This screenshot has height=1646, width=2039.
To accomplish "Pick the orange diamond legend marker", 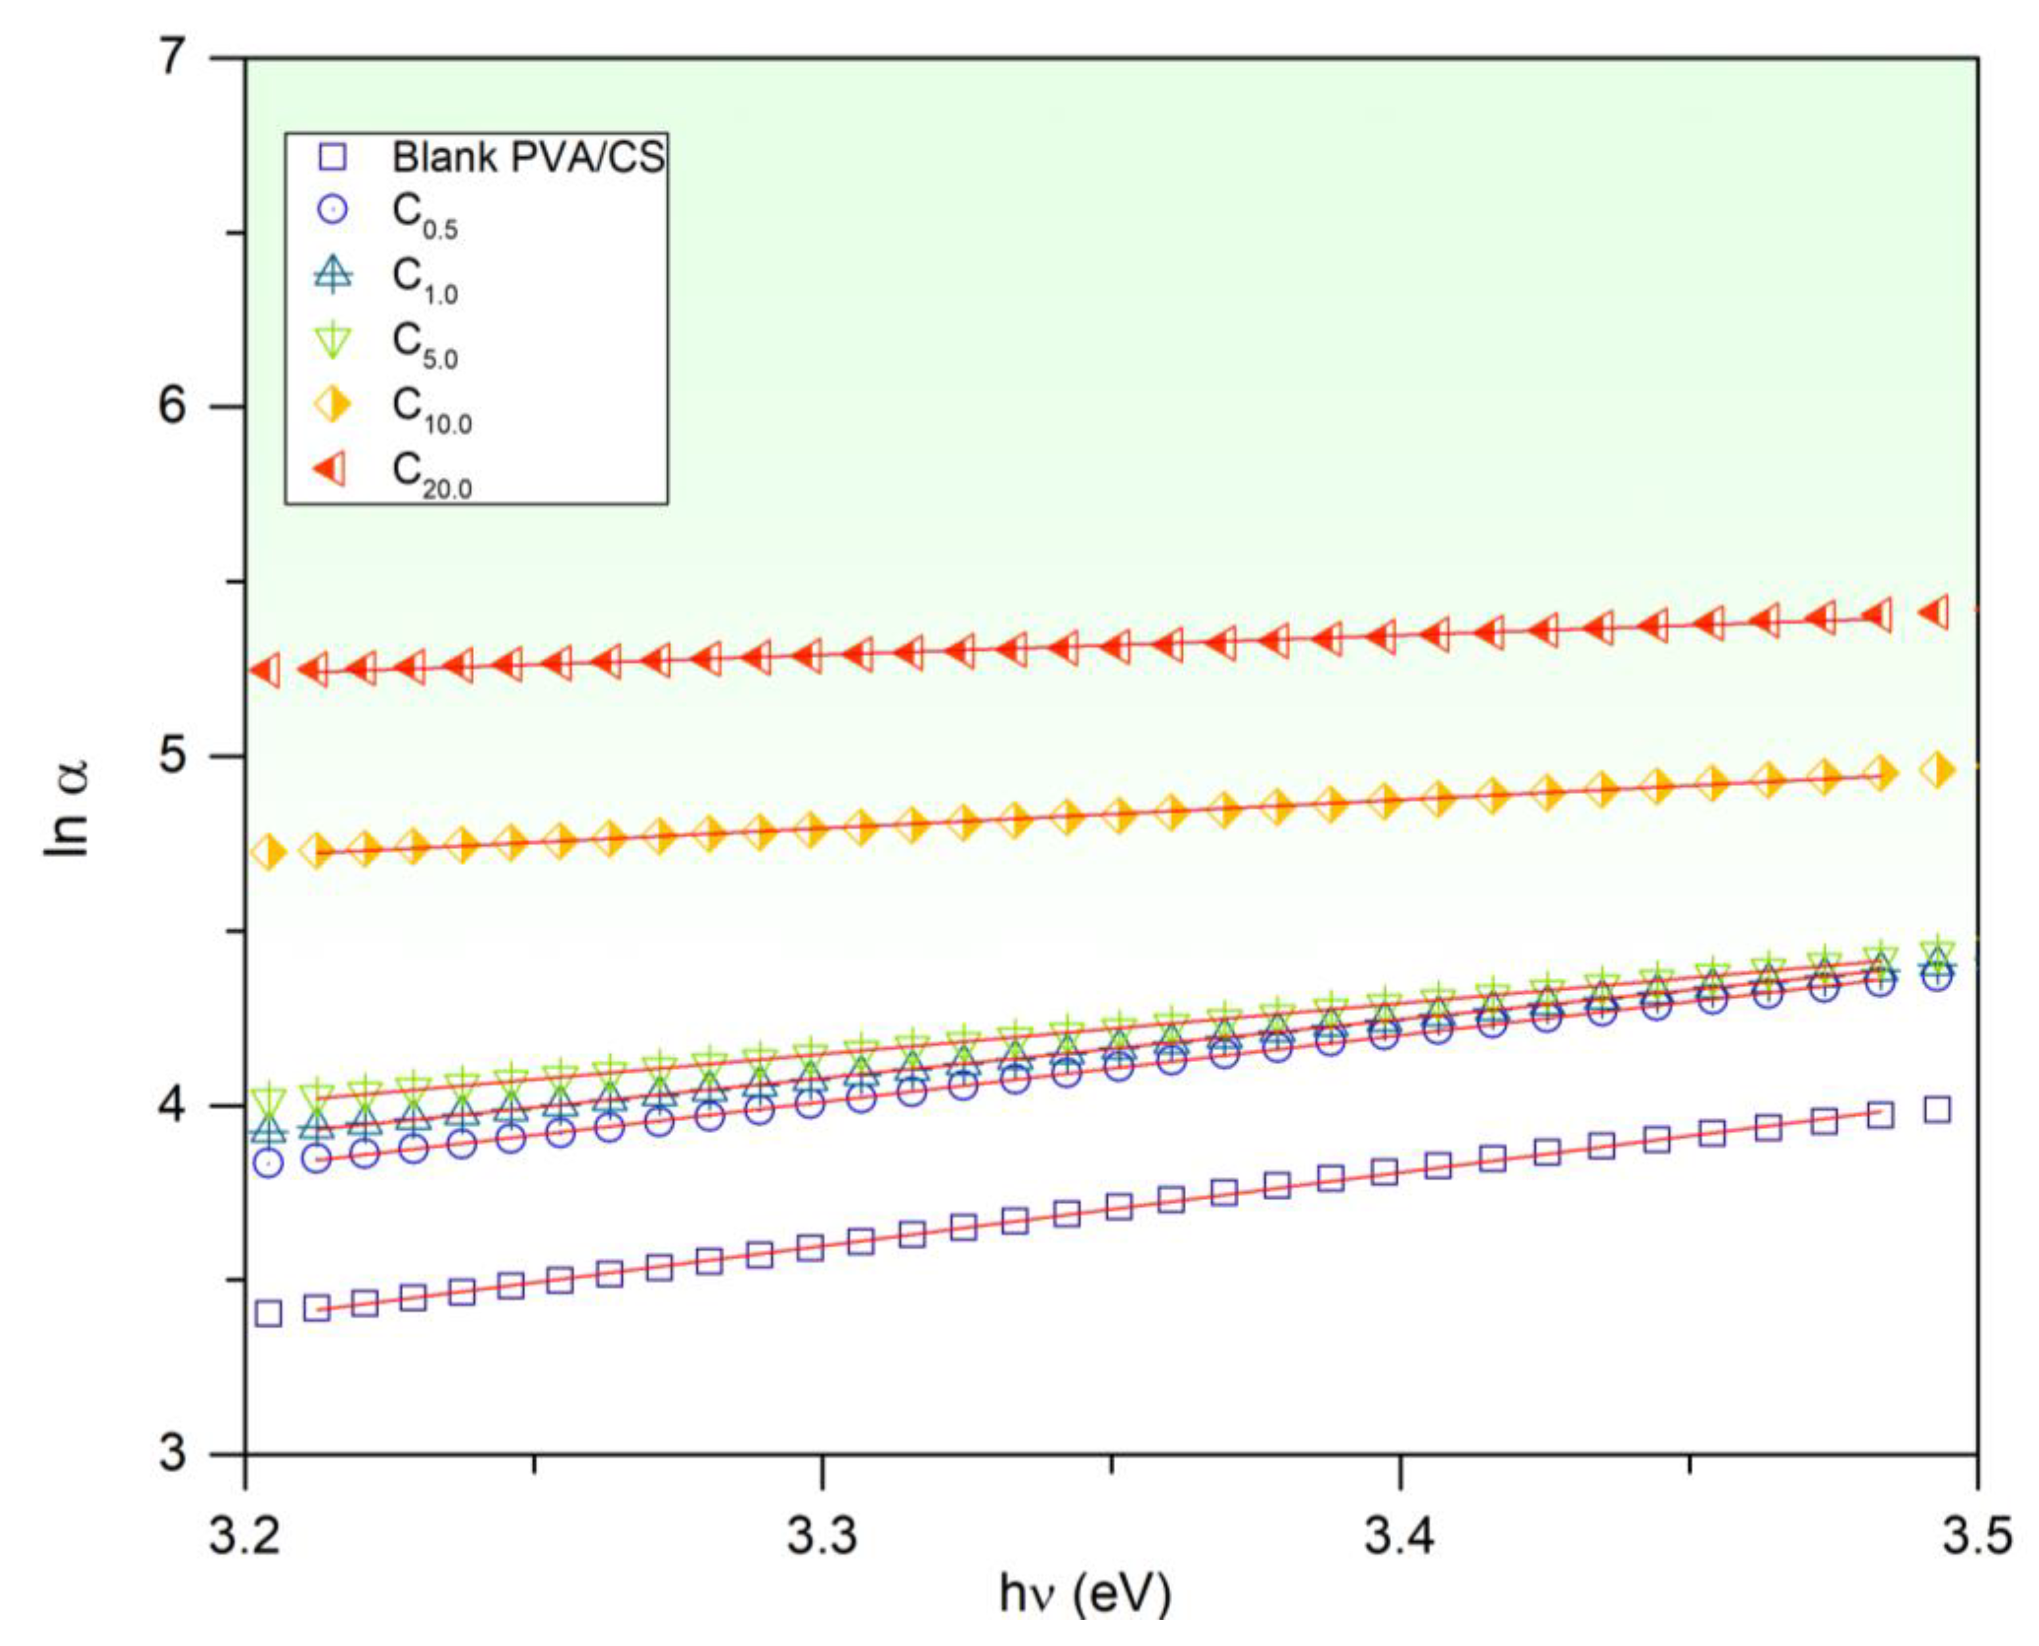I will point(334,405).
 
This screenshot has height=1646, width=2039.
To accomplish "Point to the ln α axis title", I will point(68,808).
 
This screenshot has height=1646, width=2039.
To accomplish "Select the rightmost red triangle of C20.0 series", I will point(1937,613).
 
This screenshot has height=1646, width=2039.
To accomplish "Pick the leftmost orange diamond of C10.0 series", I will point(269,853).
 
